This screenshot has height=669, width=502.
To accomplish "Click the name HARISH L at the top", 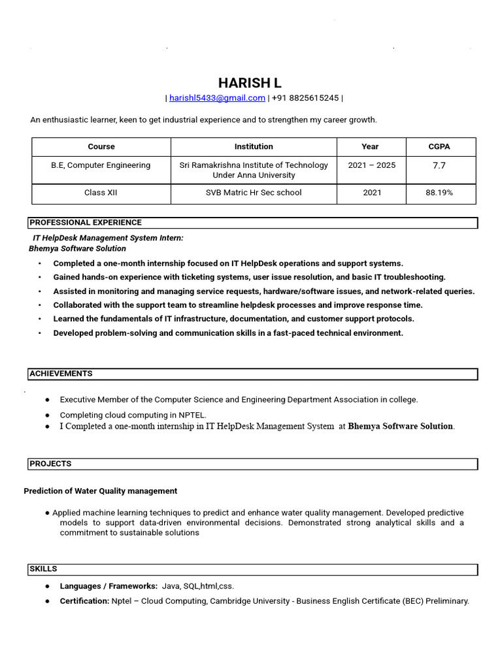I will (250, 83).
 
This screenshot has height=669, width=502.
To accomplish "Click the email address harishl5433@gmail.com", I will (217, 98).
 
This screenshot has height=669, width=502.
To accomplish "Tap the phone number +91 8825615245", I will (305, 98).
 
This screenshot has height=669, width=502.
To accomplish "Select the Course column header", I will (101, 147).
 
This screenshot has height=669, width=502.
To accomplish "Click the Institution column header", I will (254, 147).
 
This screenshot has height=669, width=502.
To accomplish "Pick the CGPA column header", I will (439, 147).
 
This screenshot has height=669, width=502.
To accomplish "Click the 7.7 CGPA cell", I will (439, 166).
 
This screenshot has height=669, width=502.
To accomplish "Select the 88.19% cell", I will (439, 193).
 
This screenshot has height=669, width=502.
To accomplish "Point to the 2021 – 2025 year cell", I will (371, 166).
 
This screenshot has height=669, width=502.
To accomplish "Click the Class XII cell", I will (101, 193).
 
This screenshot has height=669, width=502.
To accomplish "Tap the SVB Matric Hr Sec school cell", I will (254, 193).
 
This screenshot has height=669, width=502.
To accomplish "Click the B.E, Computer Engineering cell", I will (101, 166).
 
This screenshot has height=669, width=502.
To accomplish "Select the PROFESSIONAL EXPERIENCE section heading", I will (86, 223).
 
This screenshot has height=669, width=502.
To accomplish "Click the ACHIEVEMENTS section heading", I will (61, 374).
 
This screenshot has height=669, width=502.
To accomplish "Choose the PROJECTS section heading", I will (50, 464).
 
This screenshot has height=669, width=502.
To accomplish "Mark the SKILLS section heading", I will (43, 569).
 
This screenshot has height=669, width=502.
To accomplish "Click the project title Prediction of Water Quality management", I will (100, 491).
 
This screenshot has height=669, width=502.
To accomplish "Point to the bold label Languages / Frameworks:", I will (109, 587).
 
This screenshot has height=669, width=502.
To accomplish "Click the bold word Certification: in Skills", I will (84, 601).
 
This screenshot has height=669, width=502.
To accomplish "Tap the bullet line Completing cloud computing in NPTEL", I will (133, 415).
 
